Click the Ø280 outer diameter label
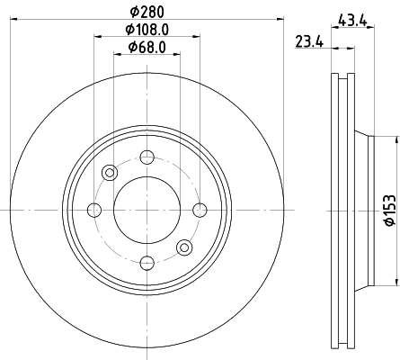tap(147, 12)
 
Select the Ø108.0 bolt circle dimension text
tap(147, 30)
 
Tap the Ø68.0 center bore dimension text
tap(147, 48)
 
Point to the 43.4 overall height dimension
tap(352, 21)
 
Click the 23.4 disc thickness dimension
tap(309, 41)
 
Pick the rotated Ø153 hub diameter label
tap(390, 211)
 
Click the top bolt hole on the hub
tap(147, 157)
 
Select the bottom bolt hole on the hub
tap(147, 263)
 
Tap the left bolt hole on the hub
tap(94, 210)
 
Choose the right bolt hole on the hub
tap(200, 210)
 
